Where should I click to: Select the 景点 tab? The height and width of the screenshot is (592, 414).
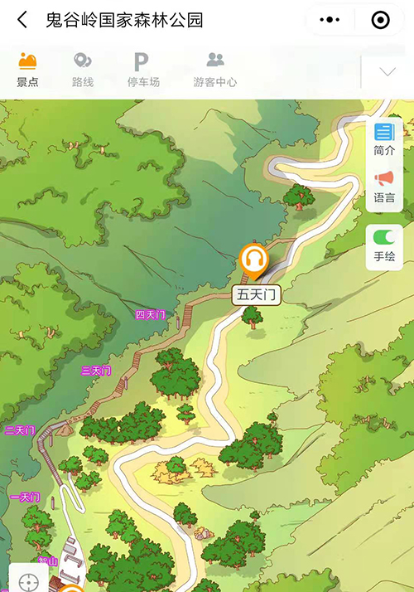point(28,70)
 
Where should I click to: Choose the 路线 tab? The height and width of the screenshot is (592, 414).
point(82,70)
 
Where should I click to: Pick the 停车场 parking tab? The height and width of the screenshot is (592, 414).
point(143,70)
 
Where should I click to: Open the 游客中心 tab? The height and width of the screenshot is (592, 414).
point(215,70)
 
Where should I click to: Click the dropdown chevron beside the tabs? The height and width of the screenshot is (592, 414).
point(388,72)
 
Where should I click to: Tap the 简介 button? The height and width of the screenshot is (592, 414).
point(384,139)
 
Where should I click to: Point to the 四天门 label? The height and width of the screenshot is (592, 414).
point(151,315)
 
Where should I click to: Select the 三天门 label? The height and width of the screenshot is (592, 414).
point(96,371)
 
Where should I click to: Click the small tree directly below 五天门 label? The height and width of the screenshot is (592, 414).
point(253,316)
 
